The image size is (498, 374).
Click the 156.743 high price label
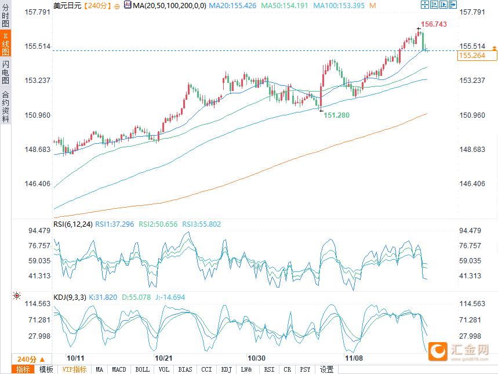tap(434, 24)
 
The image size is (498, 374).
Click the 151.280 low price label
tap(336, 115)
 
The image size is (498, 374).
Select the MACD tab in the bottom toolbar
tap(119, 369)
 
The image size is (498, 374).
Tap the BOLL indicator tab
tap(142, 369)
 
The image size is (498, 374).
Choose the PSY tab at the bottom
tap(305, 369)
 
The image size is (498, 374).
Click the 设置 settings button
tap(326, 369)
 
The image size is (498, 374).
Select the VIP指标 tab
tap(74, 369)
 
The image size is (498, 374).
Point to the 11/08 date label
tap(354, 358)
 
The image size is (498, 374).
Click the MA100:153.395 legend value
tap(343, 5)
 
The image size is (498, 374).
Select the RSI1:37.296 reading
tap(115, 224)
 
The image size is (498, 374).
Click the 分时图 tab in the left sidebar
tap(5, 14)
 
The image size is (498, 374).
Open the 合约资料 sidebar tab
tap(5, 107)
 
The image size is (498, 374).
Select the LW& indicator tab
tap(246, 369)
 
